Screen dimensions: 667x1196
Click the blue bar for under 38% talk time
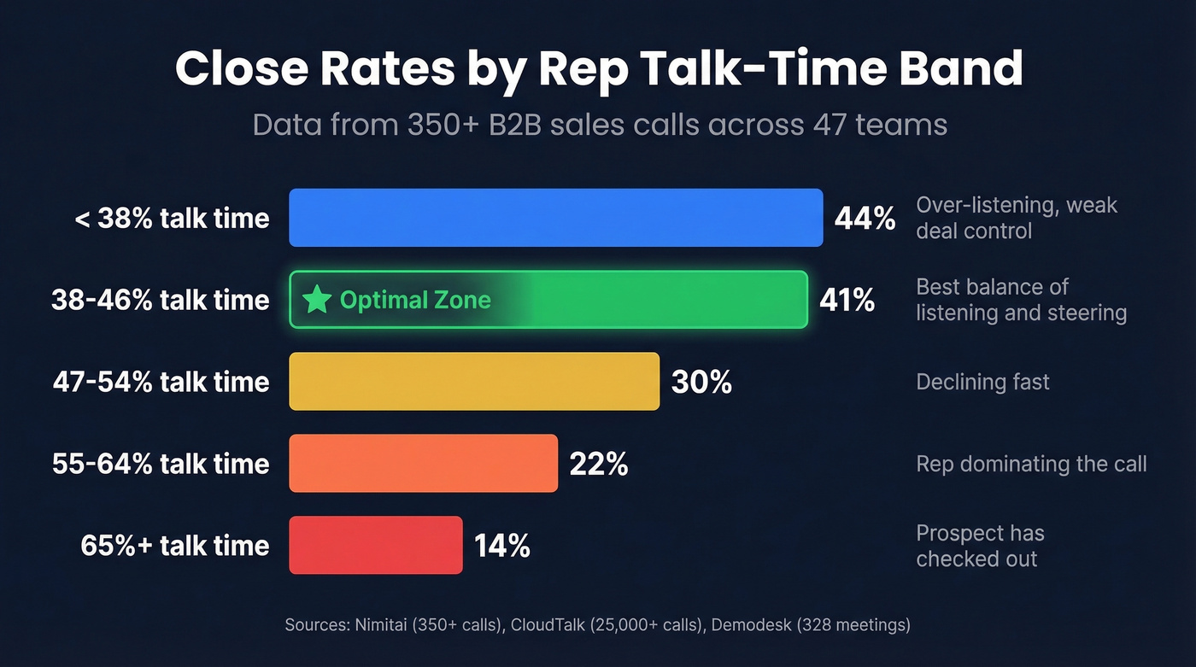(x=555, y=218)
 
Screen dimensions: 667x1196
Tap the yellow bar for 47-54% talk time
(x=474, y=382)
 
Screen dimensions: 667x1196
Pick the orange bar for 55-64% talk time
(x=423, y=464)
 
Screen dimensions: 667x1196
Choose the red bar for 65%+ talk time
(x=376, y=545)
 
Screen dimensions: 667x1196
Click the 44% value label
(x=865, y=219)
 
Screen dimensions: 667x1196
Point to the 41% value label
(x=847, y=300)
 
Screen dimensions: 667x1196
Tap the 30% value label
(x=701, y=382)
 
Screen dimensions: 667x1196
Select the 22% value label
(x=598, y=464)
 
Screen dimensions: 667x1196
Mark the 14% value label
(x=502, y=545)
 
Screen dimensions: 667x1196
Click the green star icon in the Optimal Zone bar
(x=317, y=300)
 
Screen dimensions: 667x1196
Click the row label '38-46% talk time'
(x=160, y=300)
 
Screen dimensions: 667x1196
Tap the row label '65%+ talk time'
(x=174, y=545)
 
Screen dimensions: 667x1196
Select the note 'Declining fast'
(x=982, y=382)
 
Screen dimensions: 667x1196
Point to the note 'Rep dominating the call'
(x=1031, y=464)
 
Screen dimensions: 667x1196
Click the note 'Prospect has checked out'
(x=979, y=546)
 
